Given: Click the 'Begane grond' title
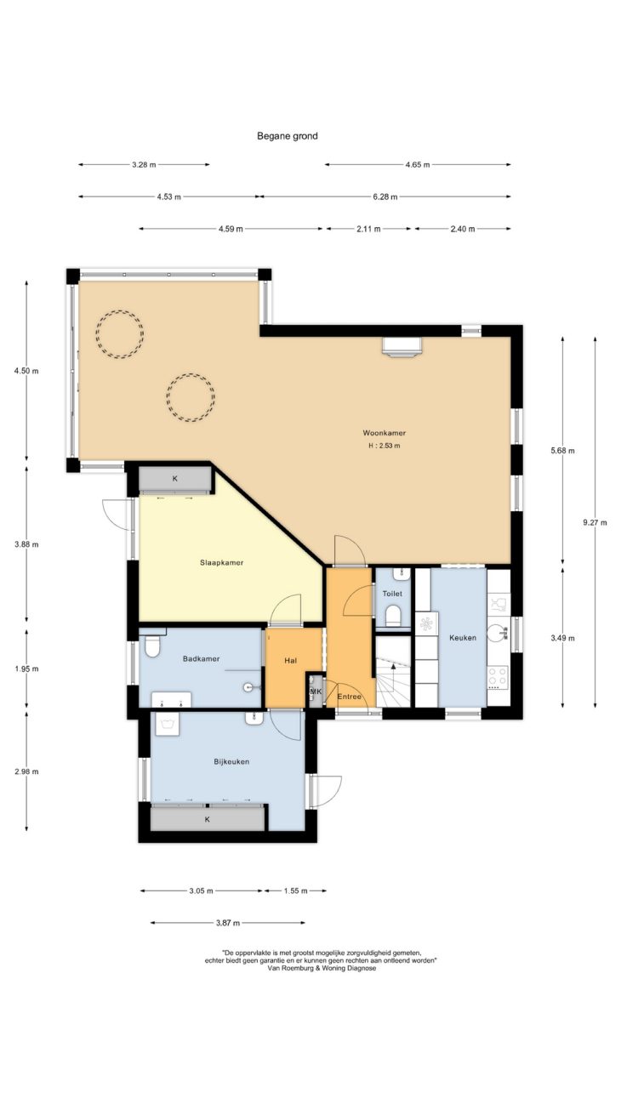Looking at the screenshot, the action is [x=288, y=136].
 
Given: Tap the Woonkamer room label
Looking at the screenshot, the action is [x=385, y=433].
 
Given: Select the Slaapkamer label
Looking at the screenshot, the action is [x=222, y=562].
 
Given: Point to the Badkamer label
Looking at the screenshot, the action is [x=201, y=658].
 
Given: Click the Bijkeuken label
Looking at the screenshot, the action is [x=231, y=761].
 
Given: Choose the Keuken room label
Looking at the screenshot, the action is [x=463, y=637].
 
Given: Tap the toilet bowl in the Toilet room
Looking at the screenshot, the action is [x=393, y=616].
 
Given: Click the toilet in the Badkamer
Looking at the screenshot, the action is [x=151, y=646].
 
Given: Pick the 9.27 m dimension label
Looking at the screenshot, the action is [x=595, y=522].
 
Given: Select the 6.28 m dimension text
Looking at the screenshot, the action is [x=385, y=196].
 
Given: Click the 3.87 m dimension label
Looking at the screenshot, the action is [x=228, y=923].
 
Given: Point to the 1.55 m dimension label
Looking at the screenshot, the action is [x=295, y=891].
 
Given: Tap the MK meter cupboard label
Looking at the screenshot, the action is [x=316, y=691].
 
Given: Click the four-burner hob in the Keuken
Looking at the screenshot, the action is [x=498, y=678].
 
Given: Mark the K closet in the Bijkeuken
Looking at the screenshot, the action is [x=208, y=819].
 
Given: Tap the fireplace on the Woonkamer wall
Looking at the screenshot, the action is [x=402, y=347].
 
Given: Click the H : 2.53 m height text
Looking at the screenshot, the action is [x=385, y=446].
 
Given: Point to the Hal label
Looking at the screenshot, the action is [x=291, y=660].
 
